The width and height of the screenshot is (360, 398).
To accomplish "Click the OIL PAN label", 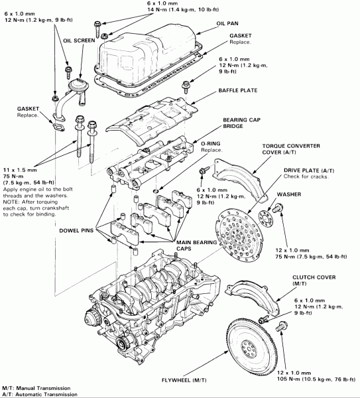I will point(226,24).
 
